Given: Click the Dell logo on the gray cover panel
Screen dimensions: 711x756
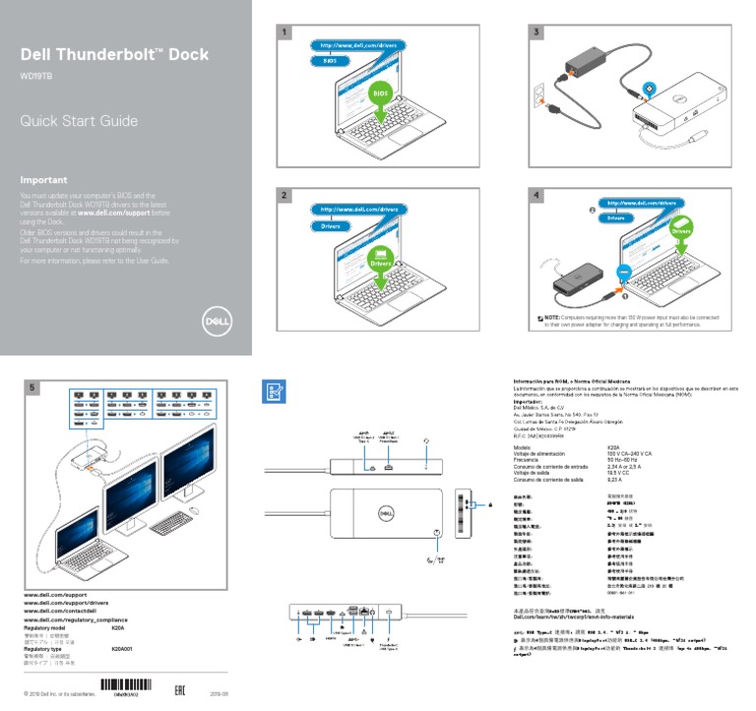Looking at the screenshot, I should coord(215,321).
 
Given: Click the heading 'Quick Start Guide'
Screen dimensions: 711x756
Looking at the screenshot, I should coord(79,122).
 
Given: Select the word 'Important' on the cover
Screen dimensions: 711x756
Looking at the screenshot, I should coord(44,180).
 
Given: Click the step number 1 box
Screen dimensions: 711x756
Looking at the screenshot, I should coord(285,32).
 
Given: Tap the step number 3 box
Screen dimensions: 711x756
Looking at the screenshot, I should coord(537,32).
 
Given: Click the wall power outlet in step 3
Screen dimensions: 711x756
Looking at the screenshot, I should coord(539,98).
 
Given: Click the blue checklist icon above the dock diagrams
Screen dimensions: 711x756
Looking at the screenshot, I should coord(274,391).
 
